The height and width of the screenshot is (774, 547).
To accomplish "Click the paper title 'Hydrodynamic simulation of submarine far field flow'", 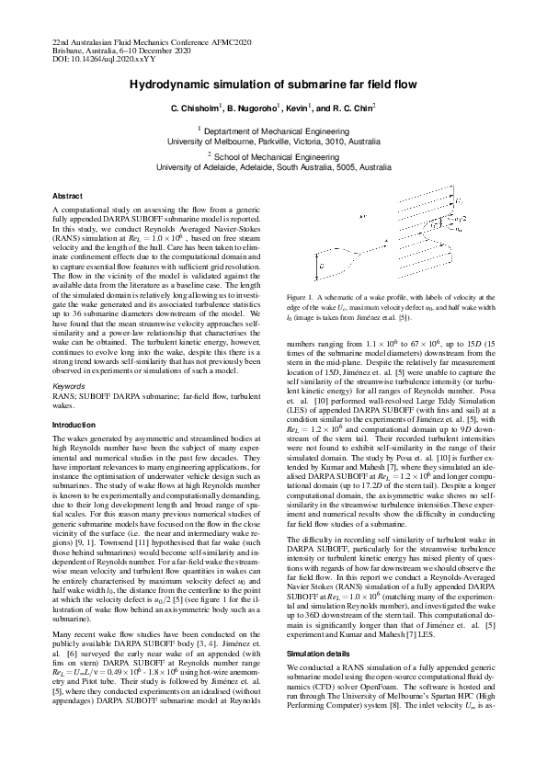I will point(273,84).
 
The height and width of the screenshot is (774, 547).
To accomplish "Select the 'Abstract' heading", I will point(68,197).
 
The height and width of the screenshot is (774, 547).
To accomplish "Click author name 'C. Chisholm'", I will point(196,108).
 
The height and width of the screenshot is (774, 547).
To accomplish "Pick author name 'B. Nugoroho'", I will point(258,108).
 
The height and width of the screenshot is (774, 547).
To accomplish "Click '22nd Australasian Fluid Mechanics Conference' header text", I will point(138,43).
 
